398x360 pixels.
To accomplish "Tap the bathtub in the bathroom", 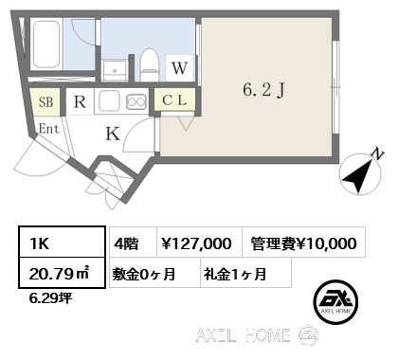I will coord(47,45).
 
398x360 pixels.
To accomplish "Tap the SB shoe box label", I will coord(45,101).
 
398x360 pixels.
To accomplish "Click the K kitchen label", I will coord(112,134).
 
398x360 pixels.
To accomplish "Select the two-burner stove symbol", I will coord(136,100).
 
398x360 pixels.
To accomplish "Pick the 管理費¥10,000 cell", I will coord(303,243).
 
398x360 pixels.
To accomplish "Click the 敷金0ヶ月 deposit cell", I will coord(150,274).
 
